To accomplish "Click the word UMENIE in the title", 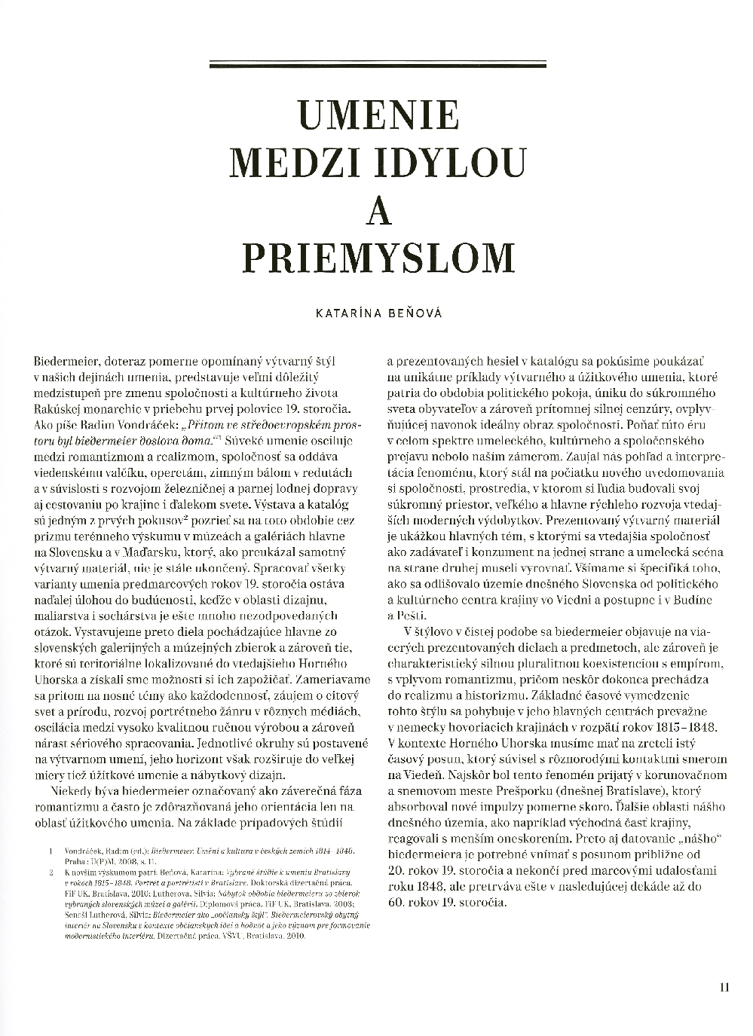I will (378, 115).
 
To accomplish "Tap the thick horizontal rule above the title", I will (378, 67).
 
